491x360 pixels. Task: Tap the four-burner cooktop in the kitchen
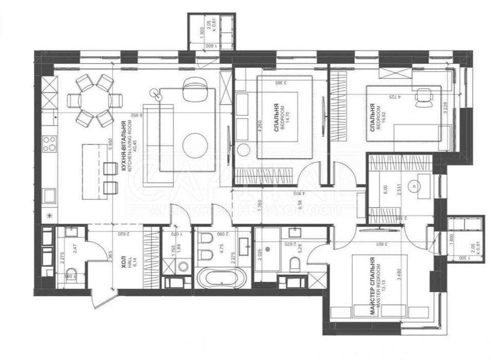tap(49, 143)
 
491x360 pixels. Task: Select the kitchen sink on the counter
tap(49, 196)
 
